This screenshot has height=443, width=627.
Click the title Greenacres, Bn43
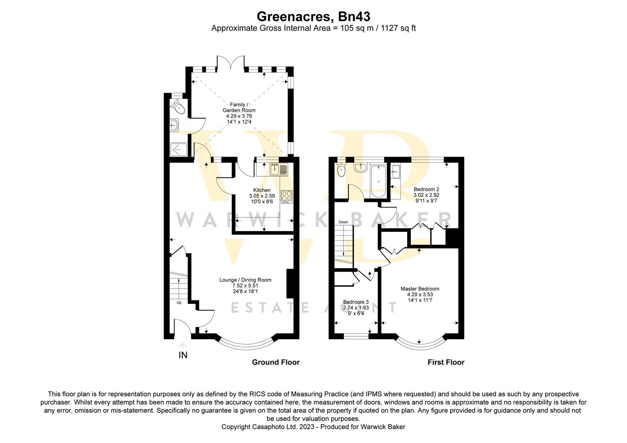pyautogui.click(x=313, y=16)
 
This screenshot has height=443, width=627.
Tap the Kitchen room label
pyautogui.click(x=262, y=190)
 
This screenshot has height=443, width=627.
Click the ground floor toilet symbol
pyautogui.click(x=178, y=108)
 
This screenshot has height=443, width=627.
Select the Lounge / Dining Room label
pyautogui.click(x=245, y=280)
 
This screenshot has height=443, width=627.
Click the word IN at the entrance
pyautogui.click(x=183, y=355)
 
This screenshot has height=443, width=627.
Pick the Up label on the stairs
pyautogui.click(x=179, y=303)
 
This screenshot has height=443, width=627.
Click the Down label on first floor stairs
pyautogui.click(x=343, y=222)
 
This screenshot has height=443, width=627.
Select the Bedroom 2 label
pyautogui.click(x=426, y=189)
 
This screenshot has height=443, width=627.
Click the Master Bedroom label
pyautogui.click(x=420, y=289)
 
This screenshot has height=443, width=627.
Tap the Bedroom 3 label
pyautogui.click(x=356, y=302)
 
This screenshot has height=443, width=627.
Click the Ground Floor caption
pyautogui.click(x=276, y=362)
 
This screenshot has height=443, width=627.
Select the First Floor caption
pyautogui.click(x=446, y=362)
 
